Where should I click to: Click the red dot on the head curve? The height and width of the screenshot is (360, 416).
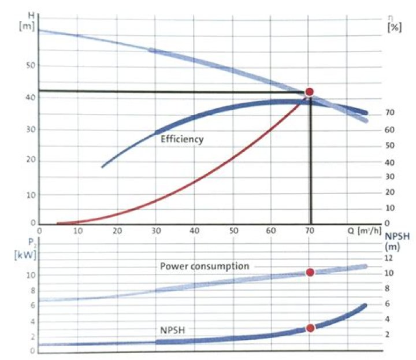pos(309,92)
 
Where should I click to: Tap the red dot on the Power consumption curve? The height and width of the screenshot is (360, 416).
pos(310,272)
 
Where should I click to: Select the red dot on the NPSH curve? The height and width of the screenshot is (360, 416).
pos(310,328)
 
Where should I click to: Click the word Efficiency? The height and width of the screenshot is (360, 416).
pos(182,139)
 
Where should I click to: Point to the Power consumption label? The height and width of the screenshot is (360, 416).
pos(205,266)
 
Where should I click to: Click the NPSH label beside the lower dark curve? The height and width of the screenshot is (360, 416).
pos(172,329)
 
